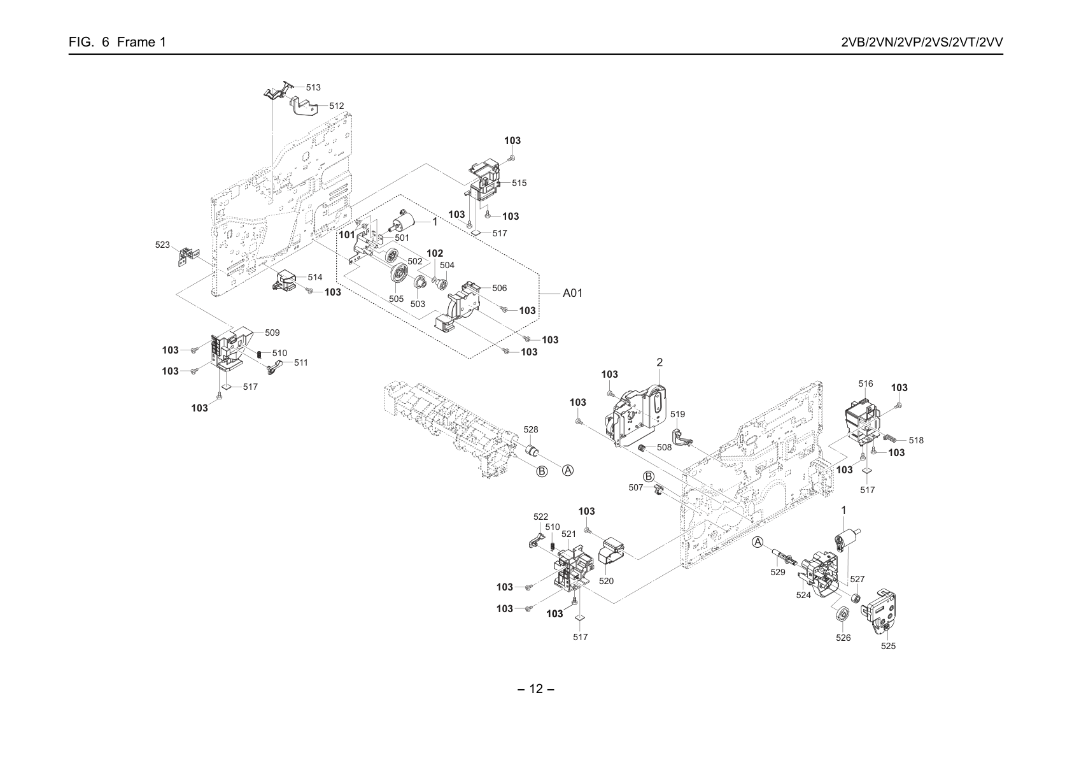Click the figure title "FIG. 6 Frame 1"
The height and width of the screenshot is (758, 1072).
click(117, 42)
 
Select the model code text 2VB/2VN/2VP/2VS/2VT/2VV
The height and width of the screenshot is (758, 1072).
click(922, 42)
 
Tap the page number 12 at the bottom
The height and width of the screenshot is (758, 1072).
click(536, 689)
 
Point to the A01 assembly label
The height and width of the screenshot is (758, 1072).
click(572, 292)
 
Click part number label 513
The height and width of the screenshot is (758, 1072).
click(313, 87)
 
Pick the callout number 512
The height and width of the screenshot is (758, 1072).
click(337, 106)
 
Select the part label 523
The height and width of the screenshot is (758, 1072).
click(162, 245)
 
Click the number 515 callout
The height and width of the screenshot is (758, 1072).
click(519, 183)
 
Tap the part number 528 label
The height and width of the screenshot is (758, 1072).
click(531, 429)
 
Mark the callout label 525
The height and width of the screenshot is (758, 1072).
click(888, 646)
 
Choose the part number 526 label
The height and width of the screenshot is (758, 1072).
click(843, 638)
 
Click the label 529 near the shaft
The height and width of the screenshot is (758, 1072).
click(778, 572)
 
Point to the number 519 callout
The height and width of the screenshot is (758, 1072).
click(678, 414)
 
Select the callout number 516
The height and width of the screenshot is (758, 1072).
click(866, 383)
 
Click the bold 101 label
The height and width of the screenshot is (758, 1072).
click(347, 235)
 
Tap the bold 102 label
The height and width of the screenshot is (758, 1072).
click(435, 253)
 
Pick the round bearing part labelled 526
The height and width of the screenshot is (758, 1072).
click(842, 614)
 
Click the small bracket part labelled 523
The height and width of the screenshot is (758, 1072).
click(190, 257)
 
